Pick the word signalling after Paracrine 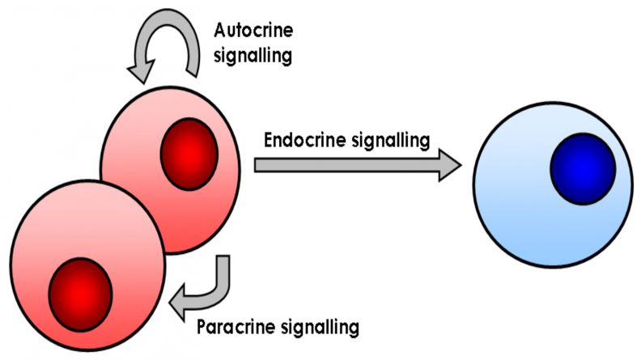click(319, 328)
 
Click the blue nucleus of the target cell click(580, 167)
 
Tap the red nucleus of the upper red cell click(190, 155)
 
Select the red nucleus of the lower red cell click(80, 289)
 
